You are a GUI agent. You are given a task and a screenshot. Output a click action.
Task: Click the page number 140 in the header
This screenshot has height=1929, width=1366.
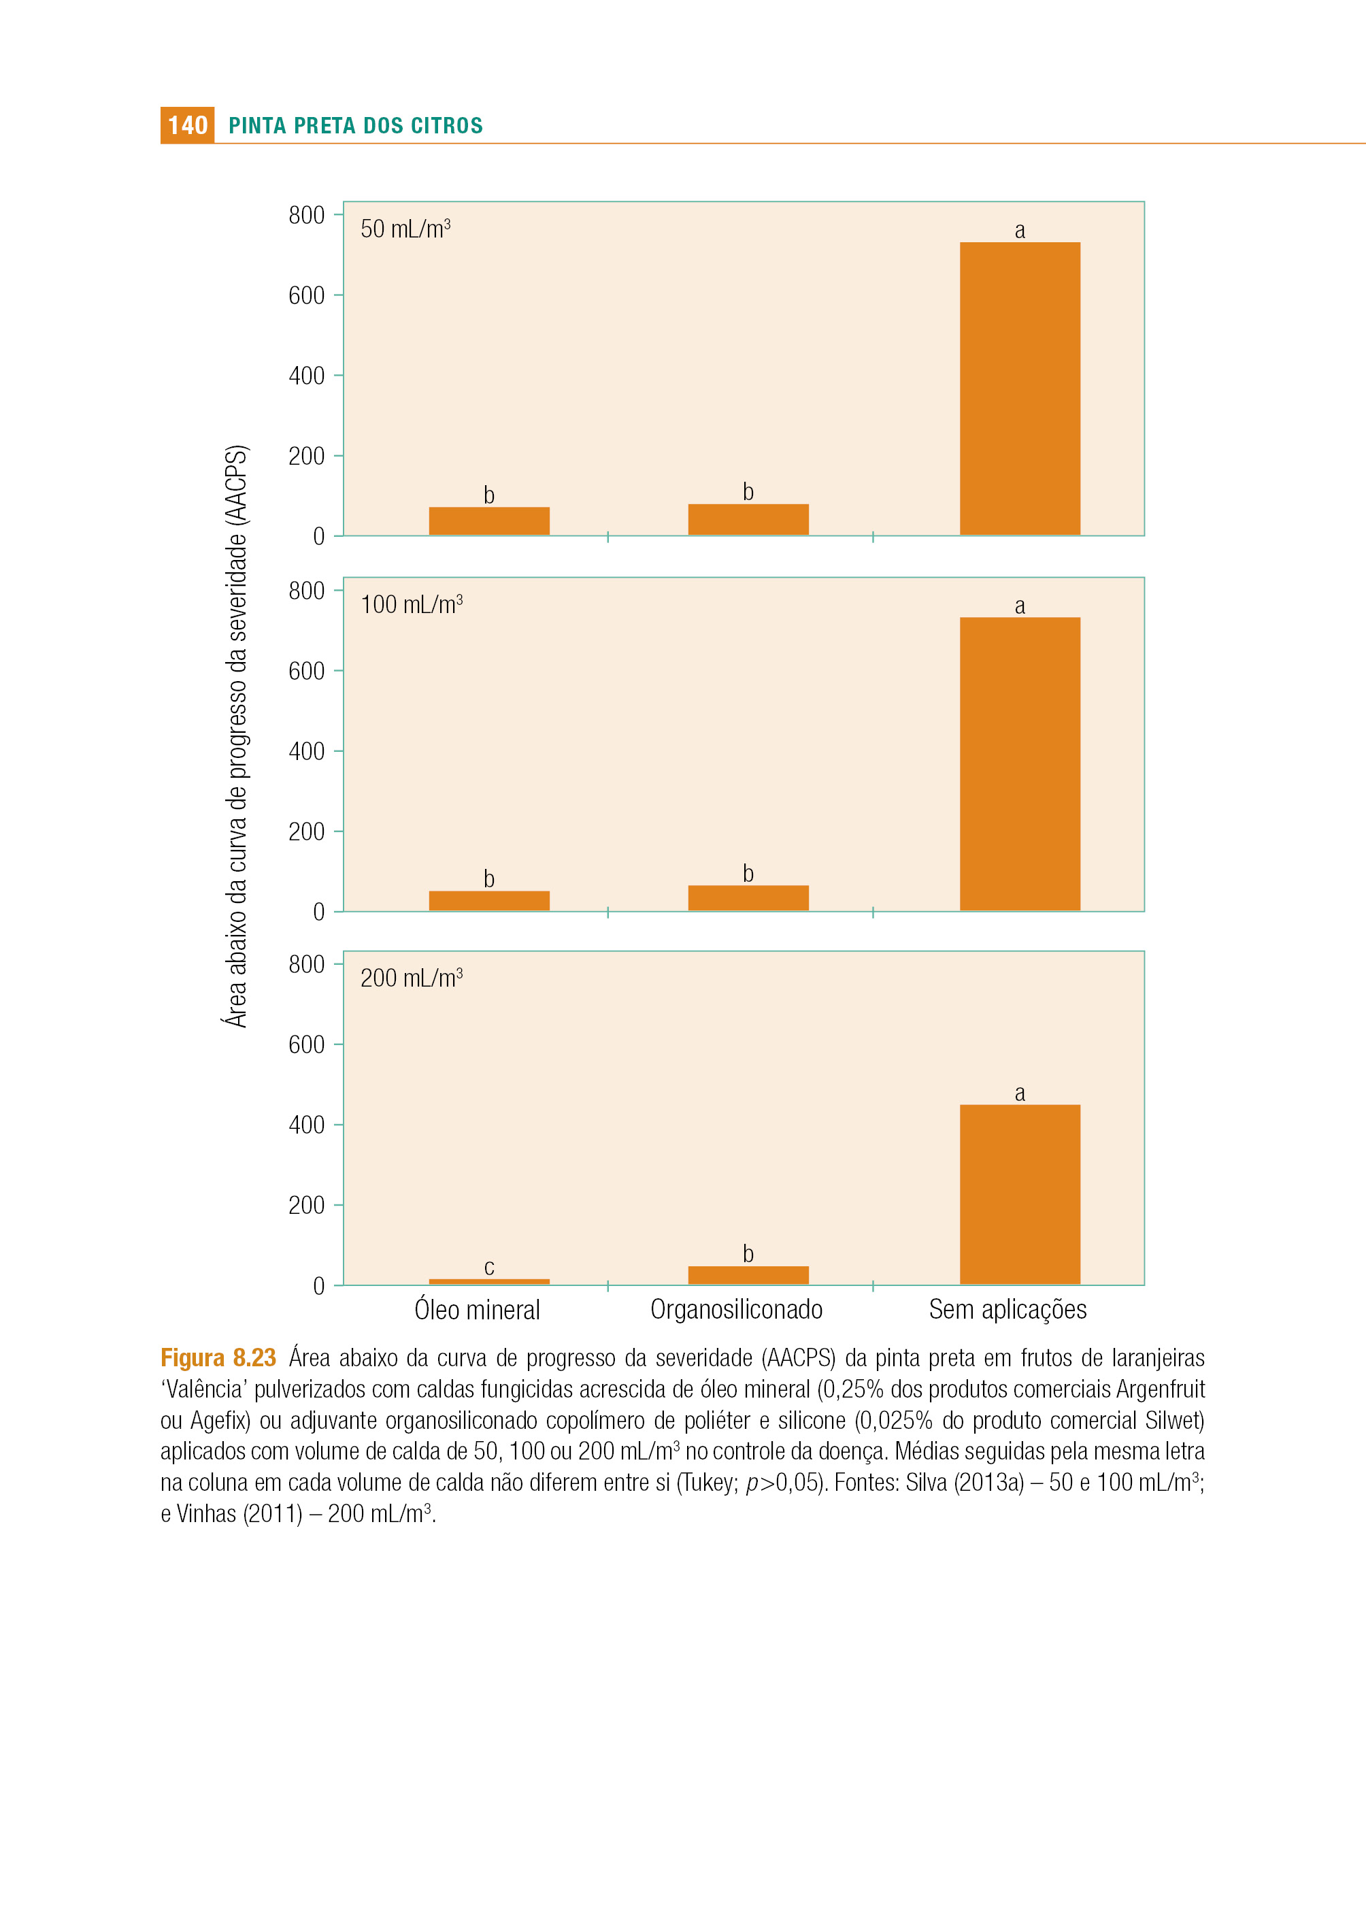(188, 125)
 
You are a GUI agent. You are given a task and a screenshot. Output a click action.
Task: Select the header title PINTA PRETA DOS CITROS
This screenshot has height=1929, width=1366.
(356, 126)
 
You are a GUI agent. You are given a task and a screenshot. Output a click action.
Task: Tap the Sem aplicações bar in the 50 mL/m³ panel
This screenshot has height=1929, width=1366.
(1020, 389)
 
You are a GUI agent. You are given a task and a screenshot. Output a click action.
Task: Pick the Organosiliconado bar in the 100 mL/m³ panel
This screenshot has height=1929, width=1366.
(748, 897)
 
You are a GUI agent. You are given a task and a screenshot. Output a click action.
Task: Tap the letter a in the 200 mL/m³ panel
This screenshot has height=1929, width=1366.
(1020, 1093)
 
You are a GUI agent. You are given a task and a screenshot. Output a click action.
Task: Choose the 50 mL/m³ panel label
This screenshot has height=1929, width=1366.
(405, 229)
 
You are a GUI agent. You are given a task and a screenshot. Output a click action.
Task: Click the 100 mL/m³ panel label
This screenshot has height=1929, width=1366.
(412, 604)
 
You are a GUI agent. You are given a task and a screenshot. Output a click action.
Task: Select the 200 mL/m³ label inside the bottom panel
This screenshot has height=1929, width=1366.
(412, 978)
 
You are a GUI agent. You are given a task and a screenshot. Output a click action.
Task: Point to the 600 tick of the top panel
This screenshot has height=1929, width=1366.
(306, 295)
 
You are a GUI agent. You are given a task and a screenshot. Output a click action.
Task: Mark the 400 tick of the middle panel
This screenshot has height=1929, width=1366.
(306, 751)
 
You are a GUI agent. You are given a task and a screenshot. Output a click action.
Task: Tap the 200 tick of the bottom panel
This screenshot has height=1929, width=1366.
(306, 1204)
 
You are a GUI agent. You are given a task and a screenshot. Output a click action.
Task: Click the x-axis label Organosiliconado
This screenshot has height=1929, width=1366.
(736, 1309)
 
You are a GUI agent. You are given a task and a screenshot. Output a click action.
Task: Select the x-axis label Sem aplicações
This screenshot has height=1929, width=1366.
(1007, 1310)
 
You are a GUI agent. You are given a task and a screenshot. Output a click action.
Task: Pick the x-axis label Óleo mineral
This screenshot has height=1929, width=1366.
(477, 1309)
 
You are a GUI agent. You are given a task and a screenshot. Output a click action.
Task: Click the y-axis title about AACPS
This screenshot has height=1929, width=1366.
(236, 736)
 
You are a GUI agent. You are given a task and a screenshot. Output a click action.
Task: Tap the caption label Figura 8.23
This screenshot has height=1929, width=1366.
(218, 1358)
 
